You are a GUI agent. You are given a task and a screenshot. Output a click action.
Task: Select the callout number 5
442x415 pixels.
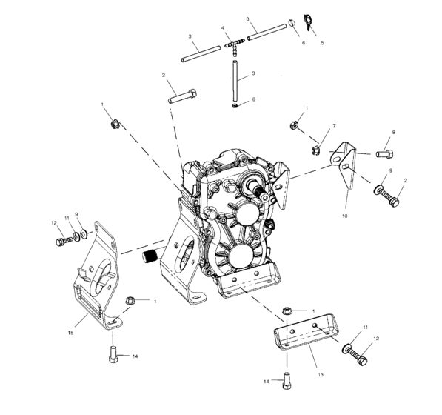click(x=321, y=44)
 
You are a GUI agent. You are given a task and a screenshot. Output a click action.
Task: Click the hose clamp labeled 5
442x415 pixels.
click(x=309, y=28)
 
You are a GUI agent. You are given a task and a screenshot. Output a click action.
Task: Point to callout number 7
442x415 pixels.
click(x=334, y=127)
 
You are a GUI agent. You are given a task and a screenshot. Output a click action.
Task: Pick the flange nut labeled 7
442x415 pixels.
click(x=315, y=151)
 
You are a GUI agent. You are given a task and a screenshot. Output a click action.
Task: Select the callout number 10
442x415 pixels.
click(x=346, y=216)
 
